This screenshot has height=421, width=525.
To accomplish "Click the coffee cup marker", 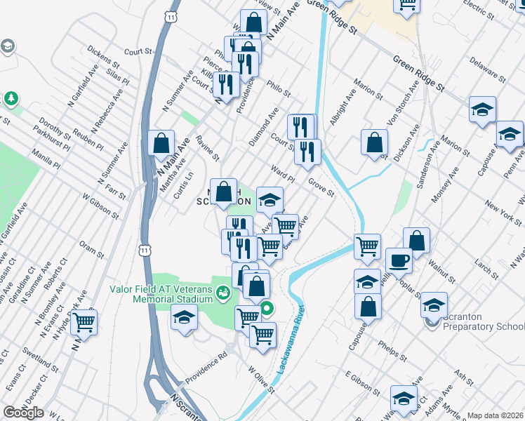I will (x=399, y=260).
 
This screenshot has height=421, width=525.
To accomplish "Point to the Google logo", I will (x=23, y=413).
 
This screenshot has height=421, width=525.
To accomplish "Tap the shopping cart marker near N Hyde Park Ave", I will (x=84, y=323).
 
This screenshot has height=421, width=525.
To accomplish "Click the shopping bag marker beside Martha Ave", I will (x=161, y=143).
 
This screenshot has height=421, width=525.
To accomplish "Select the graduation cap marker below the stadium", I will (x=184, y=318).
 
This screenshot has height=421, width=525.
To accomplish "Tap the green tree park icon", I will (x=11, y=98).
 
